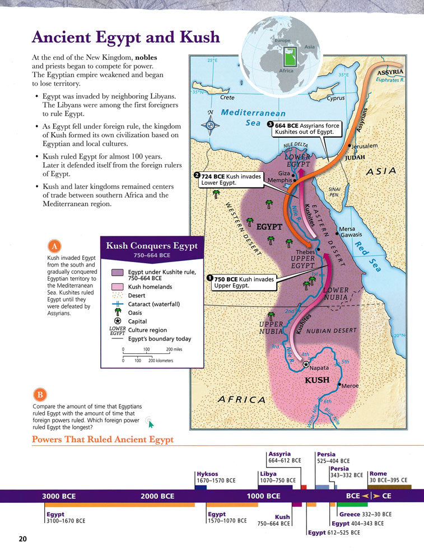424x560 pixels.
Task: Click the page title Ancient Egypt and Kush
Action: (x=126, y=38)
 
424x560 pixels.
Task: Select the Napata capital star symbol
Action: (x=306, y=364)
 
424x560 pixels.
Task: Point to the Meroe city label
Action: (x=350, y=386)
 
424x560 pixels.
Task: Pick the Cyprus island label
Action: (x=336, y=98)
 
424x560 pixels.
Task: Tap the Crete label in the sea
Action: (x=227, y=97)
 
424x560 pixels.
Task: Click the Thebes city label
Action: (x=305, y=252)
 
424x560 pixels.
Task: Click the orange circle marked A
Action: (x=54, y=246)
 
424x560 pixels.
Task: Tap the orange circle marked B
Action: (x=40, y=393)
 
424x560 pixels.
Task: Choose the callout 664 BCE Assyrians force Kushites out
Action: (x=305, y=128)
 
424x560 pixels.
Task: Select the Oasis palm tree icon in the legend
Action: (x=118, y=312)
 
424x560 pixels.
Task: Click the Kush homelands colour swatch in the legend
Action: (x=118, y=287)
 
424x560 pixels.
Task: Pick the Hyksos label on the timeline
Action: (x=207, y=473)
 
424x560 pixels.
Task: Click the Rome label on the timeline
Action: (x=378, y=474)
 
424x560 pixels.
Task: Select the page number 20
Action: (x=22, y=539)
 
